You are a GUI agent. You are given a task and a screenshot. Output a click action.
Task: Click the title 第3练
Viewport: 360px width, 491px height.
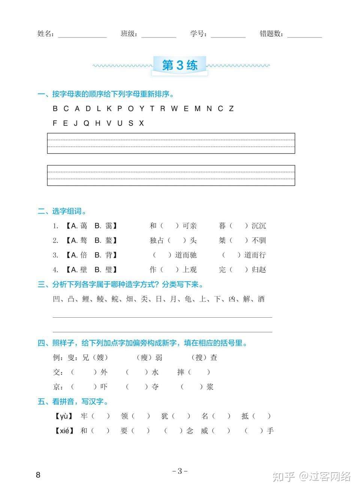click(180, 65)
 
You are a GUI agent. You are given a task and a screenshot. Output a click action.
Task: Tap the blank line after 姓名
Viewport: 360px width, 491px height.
click(82, 36)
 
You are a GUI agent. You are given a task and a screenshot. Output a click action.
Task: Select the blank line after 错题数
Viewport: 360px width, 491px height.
click(304, 36)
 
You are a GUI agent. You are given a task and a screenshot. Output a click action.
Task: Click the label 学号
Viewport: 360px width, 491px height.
click(197, 34)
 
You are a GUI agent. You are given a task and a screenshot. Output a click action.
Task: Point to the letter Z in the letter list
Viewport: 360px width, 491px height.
click(231, 109)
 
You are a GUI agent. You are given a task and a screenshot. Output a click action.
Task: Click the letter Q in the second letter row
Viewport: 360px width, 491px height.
click(86, 123)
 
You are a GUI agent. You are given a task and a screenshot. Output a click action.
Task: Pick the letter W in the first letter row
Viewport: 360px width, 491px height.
click(174, 109)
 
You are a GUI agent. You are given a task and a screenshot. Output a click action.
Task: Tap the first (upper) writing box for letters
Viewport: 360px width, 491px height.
click(171, 143)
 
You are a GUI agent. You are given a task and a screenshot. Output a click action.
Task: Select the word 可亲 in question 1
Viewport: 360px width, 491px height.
click(189, 226)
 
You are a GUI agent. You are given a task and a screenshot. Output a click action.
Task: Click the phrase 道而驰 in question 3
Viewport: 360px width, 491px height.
click(186, 255)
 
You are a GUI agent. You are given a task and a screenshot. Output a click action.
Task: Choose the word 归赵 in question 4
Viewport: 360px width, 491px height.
click(259, 270)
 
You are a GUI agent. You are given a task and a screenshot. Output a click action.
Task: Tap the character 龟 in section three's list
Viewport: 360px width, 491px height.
click(188, 299)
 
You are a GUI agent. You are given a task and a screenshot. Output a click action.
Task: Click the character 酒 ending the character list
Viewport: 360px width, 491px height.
click(261, 299)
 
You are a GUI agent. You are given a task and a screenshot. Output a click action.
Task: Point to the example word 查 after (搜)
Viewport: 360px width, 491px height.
click(214, 357)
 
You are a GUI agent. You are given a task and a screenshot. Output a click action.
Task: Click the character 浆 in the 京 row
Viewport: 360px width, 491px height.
click(210, 387)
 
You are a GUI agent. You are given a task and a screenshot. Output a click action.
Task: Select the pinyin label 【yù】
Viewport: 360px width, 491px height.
click(64, 416)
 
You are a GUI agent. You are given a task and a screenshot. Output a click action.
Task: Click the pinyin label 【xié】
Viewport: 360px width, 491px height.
click(64, 431)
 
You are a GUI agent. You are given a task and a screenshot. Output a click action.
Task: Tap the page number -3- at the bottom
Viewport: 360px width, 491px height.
click(180, 471)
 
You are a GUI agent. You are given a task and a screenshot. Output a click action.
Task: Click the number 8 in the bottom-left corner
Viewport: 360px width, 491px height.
click(38, 475)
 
